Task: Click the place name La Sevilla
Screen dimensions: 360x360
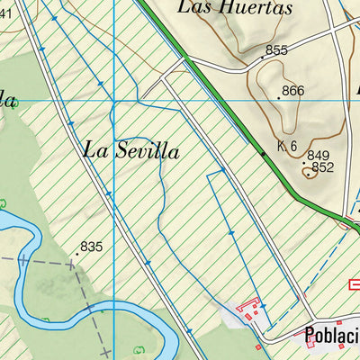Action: [130, 150]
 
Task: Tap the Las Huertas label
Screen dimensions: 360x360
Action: [236, 8]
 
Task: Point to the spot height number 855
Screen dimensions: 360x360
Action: [276, 50]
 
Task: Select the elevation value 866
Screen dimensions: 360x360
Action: [292, 91]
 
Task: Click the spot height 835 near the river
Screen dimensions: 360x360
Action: [92, 246]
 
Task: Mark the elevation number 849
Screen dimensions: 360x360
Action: [319, 156]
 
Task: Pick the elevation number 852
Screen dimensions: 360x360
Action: [323, 167]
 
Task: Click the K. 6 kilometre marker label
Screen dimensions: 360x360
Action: [287, 147]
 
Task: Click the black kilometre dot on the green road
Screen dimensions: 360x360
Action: [263, 154]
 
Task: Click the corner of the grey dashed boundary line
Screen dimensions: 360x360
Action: [72, 265]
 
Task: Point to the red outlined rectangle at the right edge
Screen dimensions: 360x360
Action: [355, 284]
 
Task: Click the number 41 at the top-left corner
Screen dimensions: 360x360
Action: [5, 12]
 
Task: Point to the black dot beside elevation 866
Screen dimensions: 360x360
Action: [278, 97]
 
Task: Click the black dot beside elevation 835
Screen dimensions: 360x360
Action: [76, 254]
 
